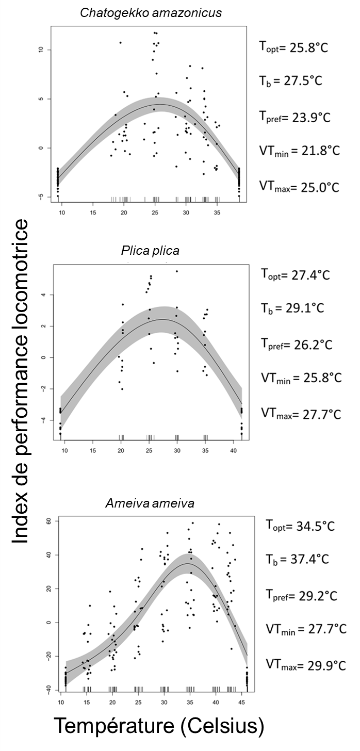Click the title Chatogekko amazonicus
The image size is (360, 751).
pyautogui.click(x=151, y=12)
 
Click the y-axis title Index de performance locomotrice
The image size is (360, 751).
pyautogui.click(x=20, y=380)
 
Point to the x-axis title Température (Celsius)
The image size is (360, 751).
pyautogui.click(x=159, y=726)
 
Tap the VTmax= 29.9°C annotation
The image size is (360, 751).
pyautogui.click(x=306, y=664)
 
